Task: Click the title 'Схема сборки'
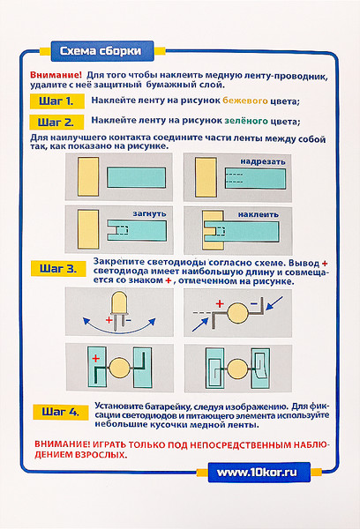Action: pyautogui.click(x=101, y=51)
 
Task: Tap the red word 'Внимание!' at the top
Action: pyautogui.click(x=56, y=75)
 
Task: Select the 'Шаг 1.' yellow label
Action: pyautogui.click(x=56, y=101)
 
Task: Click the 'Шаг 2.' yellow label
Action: pyautogui.click(x=56, y=122)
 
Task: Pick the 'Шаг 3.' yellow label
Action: pyautogui.click(x=58, y=269)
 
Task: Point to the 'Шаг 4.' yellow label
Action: pyautogui.click(x=61, y=412)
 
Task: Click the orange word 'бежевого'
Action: pyautogui.click(x=245, y=101)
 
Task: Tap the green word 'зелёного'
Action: pyautogui.click(x=246, y=121)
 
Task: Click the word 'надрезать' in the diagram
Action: pyautogui.click(x=263, y=161)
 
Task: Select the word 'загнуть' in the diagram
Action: pyautogui.click(x=149, y=213)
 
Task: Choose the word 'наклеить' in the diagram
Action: pyautogui.click(x=258, y=214)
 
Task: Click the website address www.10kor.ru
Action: pyautogui.click(x=257, y=473)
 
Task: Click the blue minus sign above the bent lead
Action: pyautogui.click(x=254, y=304)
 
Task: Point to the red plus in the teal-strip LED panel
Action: pyautogui.click(x=95, y=358)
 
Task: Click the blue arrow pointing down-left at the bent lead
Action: pyautogui.click(x=274, y=303)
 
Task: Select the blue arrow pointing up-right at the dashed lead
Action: pyautogui.click(x=200, y=324)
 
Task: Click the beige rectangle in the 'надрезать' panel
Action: pyautogui.click(x=206, y=177)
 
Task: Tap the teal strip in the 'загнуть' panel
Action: pyautogui.click(x=137, y=230)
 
